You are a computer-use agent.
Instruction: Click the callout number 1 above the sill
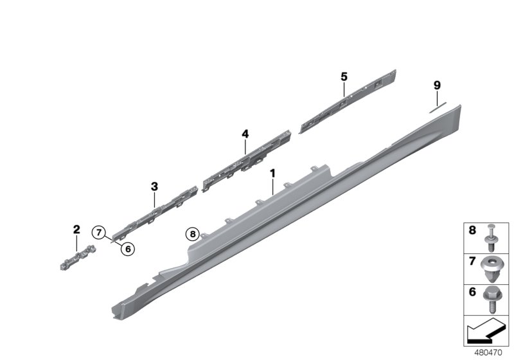[272, 174]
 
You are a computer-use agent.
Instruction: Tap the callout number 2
[76, 230]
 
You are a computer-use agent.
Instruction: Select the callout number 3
[154, 186]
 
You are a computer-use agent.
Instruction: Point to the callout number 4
[245, 134]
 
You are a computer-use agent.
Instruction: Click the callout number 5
[344, 76]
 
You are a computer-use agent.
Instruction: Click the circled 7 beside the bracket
[98, 232]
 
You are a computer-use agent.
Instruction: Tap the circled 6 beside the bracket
[127, 248]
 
